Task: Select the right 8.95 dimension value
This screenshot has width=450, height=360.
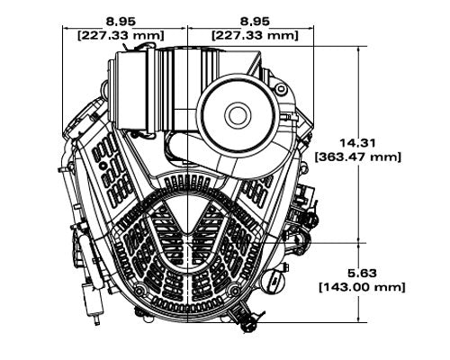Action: point(254,18)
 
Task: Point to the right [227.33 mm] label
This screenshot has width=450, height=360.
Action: point(254,34)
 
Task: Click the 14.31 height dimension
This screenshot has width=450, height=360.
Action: point(358,141)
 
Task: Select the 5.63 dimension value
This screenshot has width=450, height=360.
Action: point(358,271)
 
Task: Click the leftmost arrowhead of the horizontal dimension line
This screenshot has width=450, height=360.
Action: point(65,26)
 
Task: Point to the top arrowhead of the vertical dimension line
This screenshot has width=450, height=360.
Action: point(359,48)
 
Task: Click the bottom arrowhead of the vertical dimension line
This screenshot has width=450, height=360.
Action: point(359,319)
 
